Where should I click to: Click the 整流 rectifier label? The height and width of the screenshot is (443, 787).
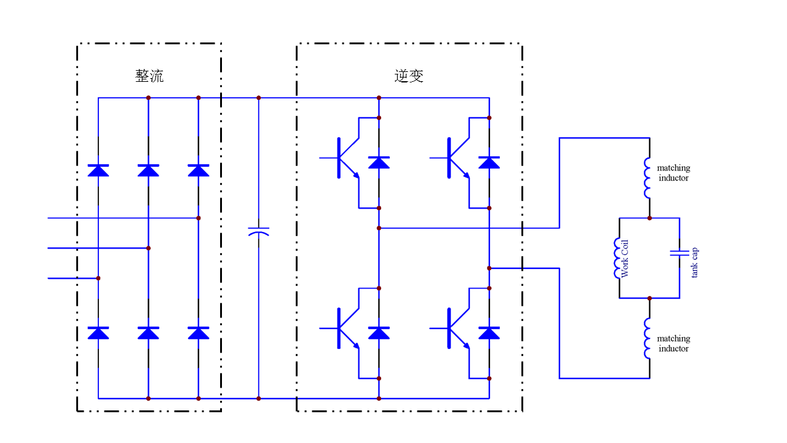(x=149, y=76)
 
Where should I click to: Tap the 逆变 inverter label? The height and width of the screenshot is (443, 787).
(x=409, y=76)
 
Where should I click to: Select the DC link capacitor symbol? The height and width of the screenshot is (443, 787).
(x=258, y=232)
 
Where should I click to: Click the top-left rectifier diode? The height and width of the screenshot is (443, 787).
(x=98, y=170)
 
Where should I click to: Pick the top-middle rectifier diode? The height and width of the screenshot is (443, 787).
(x=148, y=170)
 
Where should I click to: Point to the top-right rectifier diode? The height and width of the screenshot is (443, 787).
(x=198, y=170)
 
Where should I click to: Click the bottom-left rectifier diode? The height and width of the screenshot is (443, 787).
(x=98, y=333)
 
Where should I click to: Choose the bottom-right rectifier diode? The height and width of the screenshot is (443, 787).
(x=198, y=333)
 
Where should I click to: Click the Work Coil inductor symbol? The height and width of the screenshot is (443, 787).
(x=617, y=258)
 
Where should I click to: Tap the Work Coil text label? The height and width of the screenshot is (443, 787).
(x=626, y=258)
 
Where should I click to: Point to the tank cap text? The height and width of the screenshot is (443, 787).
(x=695, y=263)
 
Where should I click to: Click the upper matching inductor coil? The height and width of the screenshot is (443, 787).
(x=647, y=178)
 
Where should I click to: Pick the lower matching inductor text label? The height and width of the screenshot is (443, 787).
(x=673, y=343)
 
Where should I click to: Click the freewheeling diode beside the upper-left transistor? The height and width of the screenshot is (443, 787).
(x=379, y=162)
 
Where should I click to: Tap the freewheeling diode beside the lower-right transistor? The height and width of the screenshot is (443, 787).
(x=489, y=333)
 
